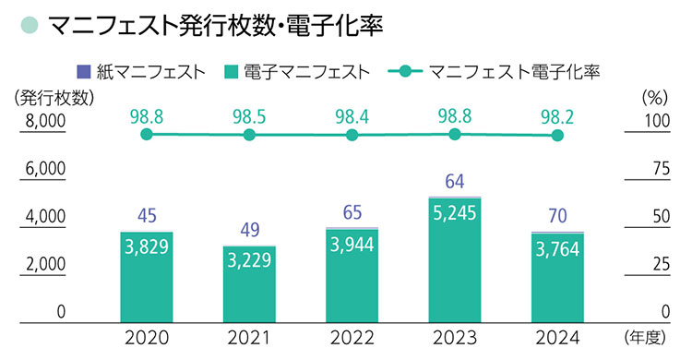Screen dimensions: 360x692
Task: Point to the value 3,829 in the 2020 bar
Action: [x=146, y=249]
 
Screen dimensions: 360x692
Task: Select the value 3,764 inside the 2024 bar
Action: [x=556, y=250]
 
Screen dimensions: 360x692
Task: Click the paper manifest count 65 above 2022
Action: [x=352, y=211]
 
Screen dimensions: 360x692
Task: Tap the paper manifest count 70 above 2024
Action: [x=556, y=217]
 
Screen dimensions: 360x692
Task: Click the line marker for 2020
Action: [x=146, y=135]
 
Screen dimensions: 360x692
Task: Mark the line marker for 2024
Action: [x=556, y=136]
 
